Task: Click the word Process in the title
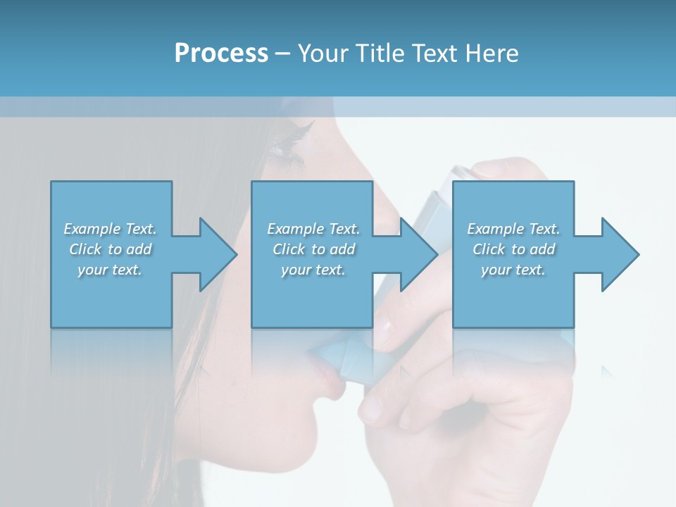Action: (221, 54)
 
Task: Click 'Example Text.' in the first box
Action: (110, 229)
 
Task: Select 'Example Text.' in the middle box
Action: (313, 229)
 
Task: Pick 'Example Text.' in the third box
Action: (513, 229)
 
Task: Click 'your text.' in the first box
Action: (110, 270)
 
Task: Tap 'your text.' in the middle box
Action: (313, 270)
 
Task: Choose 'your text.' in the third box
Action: (513, 270)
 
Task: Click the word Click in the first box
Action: (87, 249)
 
